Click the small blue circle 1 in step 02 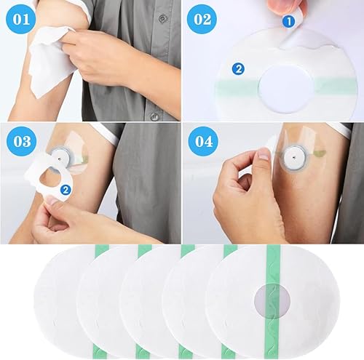[x=288, y=22]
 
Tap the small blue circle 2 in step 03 [x=66, y=191]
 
